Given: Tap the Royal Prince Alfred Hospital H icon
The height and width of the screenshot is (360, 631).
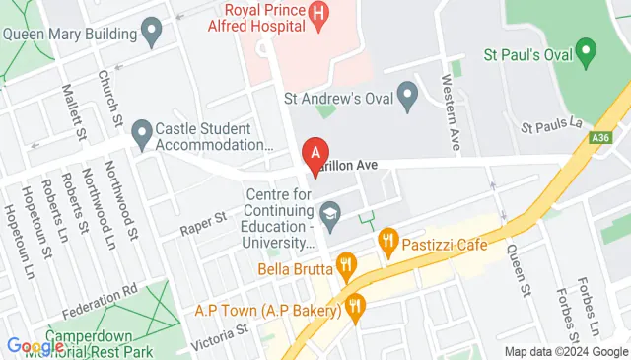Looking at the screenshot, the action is point(317,14).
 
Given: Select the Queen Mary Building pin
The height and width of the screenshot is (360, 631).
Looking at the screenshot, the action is point(151,33).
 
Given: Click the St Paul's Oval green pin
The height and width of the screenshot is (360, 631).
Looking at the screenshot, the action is point(587,48).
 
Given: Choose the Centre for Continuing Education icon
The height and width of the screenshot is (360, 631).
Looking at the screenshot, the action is point(329,212).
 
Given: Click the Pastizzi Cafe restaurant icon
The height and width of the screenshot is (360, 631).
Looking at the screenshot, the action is point(387,240).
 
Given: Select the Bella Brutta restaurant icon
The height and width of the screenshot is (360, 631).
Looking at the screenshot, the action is point(345,264).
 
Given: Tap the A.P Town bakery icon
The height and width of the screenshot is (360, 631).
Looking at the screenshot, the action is point(356,308).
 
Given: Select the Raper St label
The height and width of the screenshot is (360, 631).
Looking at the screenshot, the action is point(204,221).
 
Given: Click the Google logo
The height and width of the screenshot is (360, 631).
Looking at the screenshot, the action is point(35,346).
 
